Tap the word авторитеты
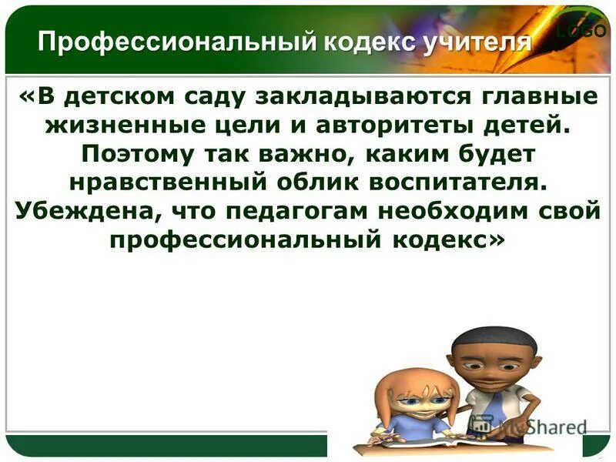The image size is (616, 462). click(386, 126)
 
